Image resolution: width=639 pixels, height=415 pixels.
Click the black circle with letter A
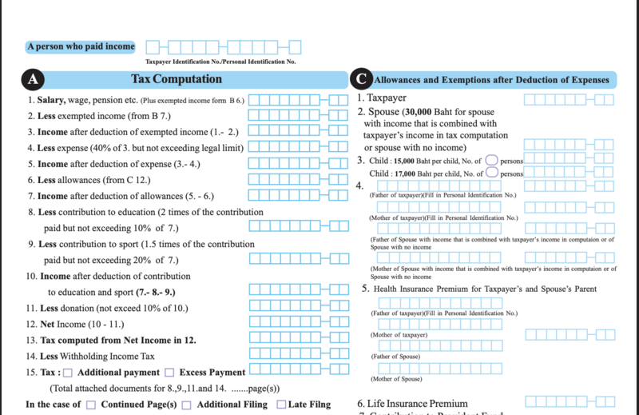[34, 79]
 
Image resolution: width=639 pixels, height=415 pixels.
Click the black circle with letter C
[361, 79]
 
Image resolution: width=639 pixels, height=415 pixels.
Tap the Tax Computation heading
[177, 79]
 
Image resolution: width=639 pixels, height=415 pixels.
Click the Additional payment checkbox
[68, 373]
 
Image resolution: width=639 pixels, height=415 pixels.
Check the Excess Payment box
[169, 373]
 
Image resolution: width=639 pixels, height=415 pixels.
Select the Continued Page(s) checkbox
[91, 405]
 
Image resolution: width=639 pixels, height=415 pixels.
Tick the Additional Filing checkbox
[187, 405]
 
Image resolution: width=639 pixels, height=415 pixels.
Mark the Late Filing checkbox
[281, 405]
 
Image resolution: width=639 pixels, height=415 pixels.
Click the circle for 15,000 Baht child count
[492, 160]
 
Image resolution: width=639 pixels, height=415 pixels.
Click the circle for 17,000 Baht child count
[492, 173]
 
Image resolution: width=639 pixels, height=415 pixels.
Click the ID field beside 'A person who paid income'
[224, 47]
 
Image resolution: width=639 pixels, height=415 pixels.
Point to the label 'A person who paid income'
[81, 47]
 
